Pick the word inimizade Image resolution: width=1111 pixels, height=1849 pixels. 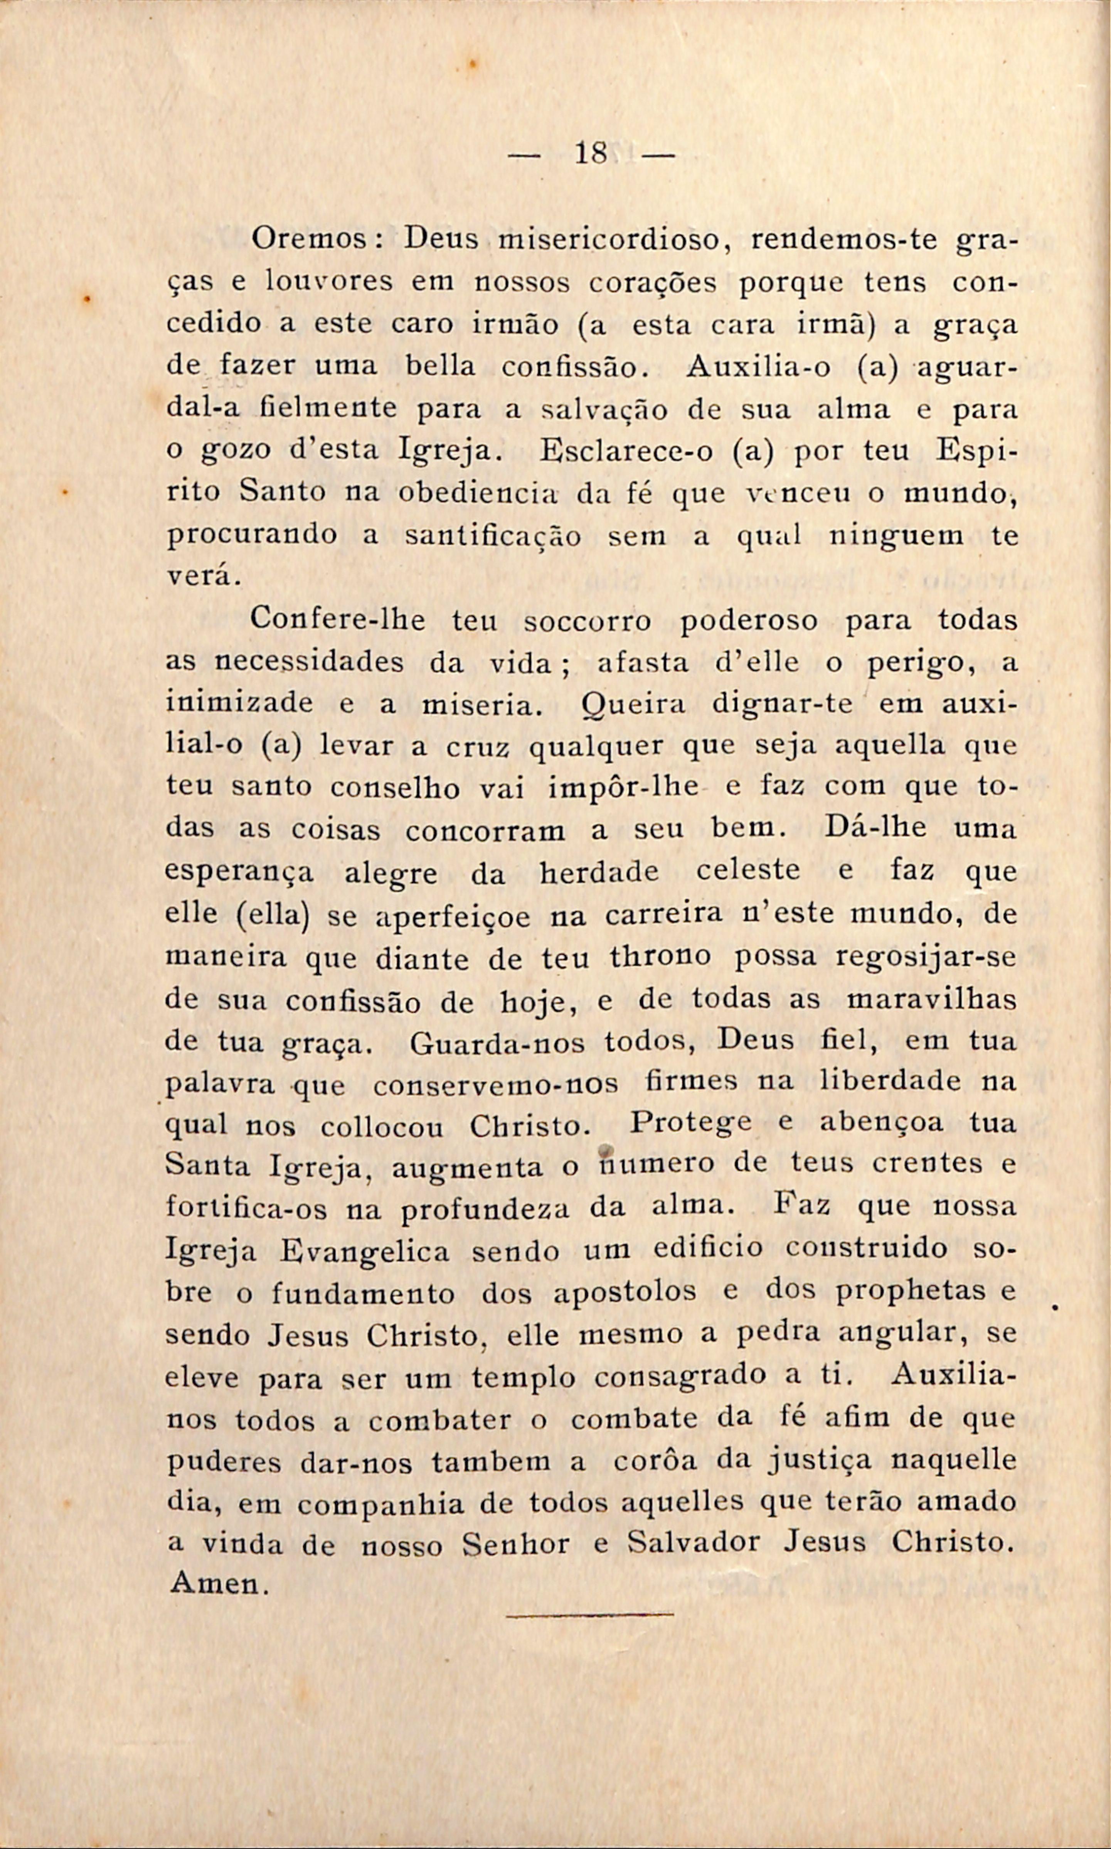[239, 703]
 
